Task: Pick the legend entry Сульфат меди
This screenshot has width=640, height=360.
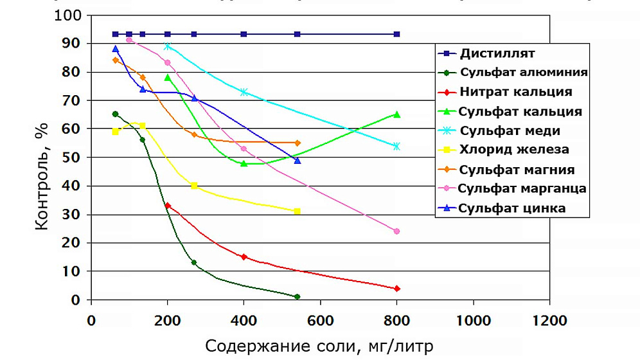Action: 510,130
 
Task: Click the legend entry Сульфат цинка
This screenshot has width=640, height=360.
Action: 513,208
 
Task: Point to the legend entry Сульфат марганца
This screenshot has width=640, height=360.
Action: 522,188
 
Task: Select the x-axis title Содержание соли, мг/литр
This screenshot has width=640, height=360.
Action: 319,346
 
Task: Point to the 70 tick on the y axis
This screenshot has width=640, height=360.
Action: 76,101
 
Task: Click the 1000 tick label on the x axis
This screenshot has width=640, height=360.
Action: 474,319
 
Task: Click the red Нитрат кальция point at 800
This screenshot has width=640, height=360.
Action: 396,289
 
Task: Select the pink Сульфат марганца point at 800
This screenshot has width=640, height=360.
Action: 396,231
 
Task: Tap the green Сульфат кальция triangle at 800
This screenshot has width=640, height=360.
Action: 396,114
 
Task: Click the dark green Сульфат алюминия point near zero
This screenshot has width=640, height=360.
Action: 297,296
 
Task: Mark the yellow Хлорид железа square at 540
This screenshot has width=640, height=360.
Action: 297,211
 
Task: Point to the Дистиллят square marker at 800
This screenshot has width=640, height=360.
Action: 396,34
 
